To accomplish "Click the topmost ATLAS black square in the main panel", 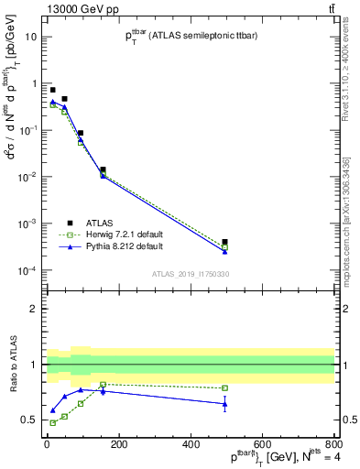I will pyautogui.click(x=52, y=90).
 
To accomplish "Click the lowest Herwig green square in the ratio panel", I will pyautogui.click(x=52, y=422).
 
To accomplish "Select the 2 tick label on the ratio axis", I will pyautogui.click(x=34, y=309).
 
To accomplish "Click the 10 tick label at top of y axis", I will pyautogui.click(x=31, y=37).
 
